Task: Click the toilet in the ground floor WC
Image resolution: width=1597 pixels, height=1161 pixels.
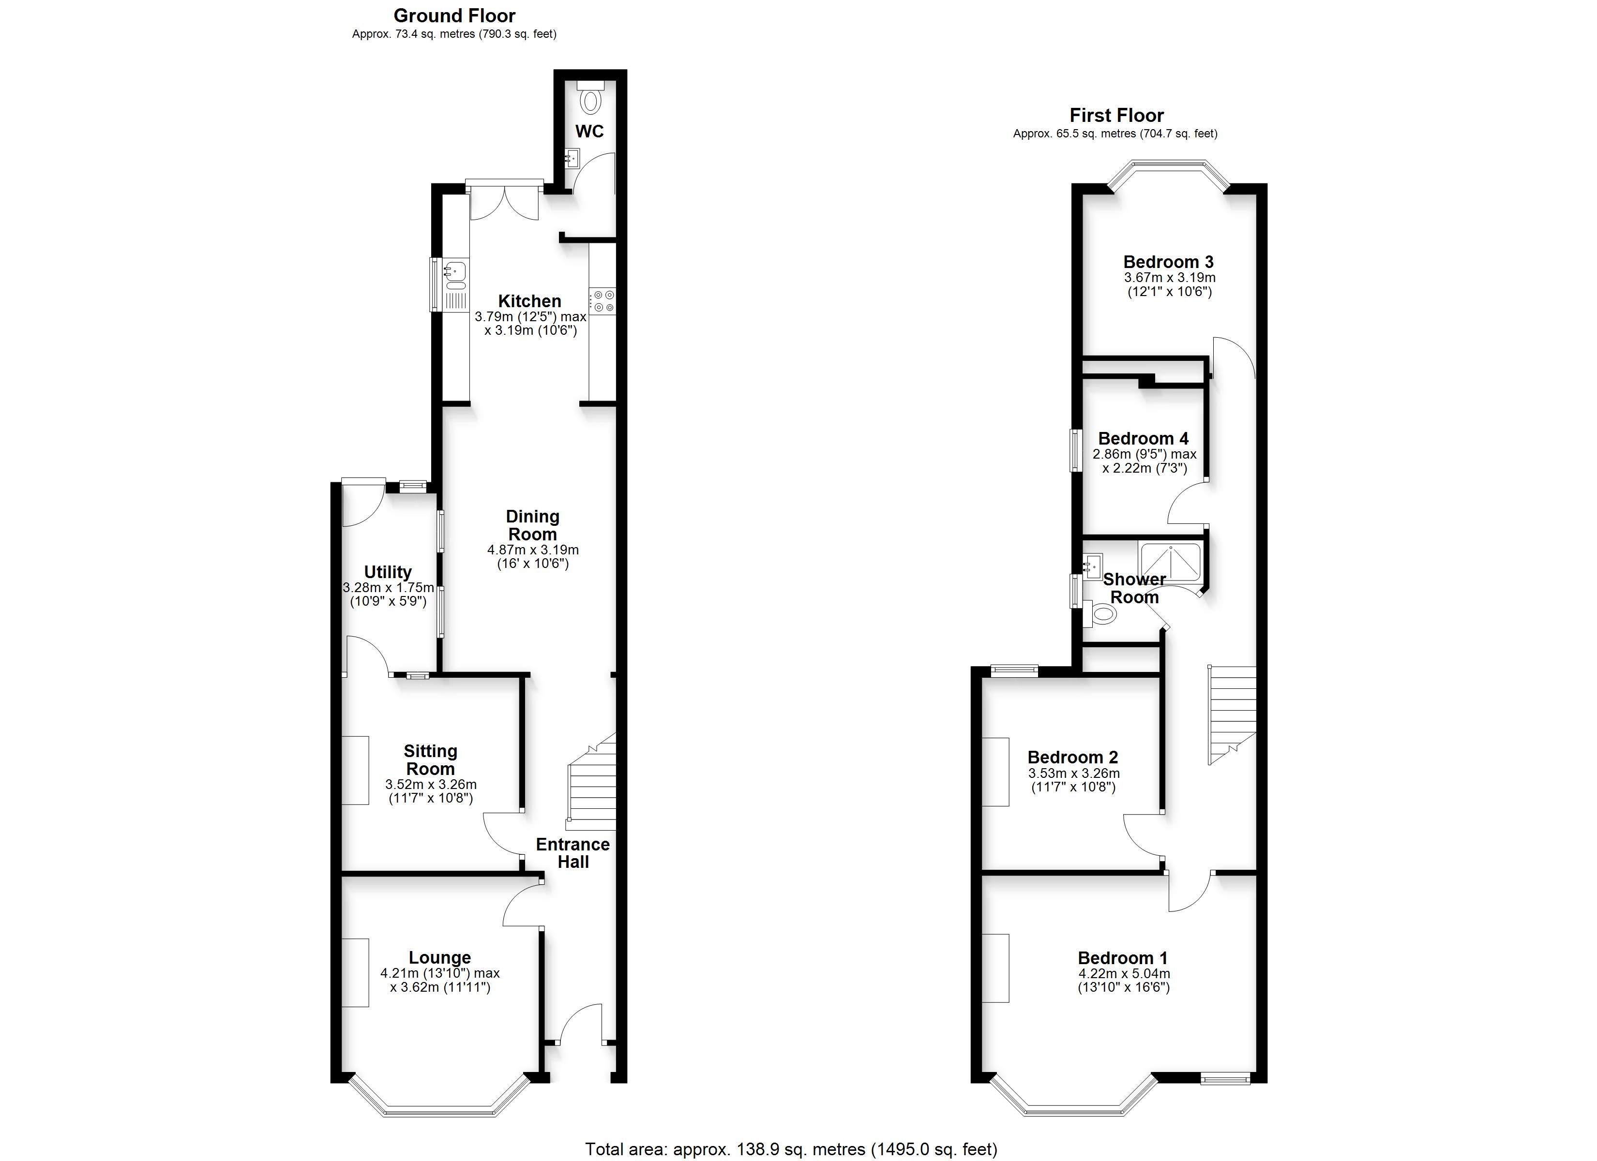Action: pyautogui.click(x=590, y=97)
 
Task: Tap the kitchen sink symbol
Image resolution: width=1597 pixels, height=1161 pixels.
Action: pyautogui.click(x=455, y=285)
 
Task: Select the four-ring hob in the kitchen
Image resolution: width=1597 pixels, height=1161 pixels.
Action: pyautogui.click(x=603, y=301)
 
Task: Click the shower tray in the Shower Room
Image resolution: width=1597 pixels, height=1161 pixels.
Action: pyautogui.click(x=1170, y=562)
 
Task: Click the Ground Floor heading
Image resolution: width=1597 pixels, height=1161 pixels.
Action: pyautogui.click(x=454, y=15)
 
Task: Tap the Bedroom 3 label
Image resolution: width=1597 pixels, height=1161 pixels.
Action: pyautogui.click(x=1169, y=262)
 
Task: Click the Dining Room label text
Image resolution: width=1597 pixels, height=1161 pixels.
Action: pyautogui.click(x=532, y=525)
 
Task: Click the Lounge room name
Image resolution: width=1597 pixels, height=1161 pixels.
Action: pyautogui.click(x=439, y=957)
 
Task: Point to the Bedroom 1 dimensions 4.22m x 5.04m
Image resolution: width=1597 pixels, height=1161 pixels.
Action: pyautogui.click(x=1124, y=974)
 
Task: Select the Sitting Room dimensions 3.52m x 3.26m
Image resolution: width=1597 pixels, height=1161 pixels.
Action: pyautogui.click(x=431, y=784)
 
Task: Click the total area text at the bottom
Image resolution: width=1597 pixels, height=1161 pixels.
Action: pyautogui.click(x=791, y=1149)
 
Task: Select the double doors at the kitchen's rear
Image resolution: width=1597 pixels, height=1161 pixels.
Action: pyautogui.click(x=504, y=202)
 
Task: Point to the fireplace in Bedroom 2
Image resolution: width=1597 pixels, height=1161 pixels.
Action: pyautogui.click(x=995, y=771)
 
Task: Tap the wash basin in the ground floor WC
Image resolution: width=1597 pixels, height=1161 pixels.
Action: pyautogui.click(x=572, y=158)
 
